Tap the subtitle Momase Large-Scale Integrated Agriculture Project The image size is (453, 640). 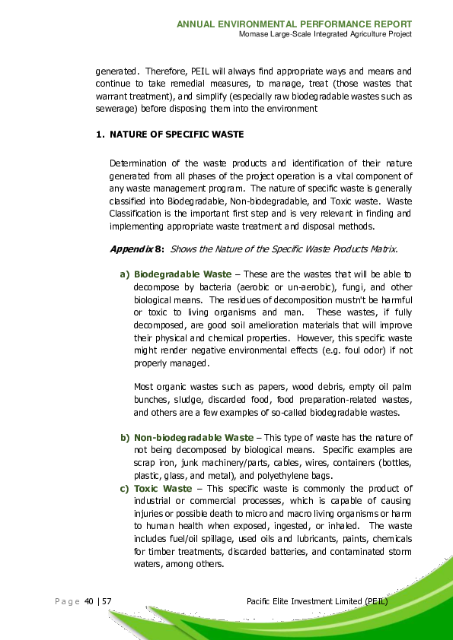pyautogui.click(x=325, y=34)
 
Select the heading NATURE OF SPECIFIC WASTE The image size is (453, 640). pyautogui.click(x=177, y=135)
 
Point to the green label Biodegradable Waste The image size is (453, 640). pyautogui.click(x=183, y=273)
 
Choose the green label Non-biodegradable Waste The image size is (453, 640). pyautogui.click(x=193, y=438)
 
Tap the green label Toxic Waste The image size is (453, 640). pyautogui.click(x=163, y=488)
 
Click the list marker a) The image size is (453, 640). pyautogui.click(x=124, y=273)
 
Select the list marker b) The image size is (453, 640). pyautogui.click(x=125, y=438)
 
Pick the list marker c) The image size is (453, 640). pyautogui.click(x=125, y=488)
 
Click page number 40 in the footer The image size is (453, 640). pyautogui.click(x=89, y=601)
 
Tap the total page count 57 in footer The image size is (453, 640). pyautogui.click(x=107, y=601)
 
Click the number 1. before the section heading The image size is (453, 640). pyautogui.click(x=99, y=135)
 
